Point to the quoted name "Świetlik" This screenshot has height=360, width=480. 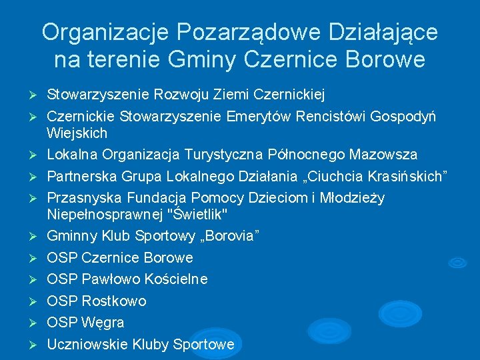coord(198,214)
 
